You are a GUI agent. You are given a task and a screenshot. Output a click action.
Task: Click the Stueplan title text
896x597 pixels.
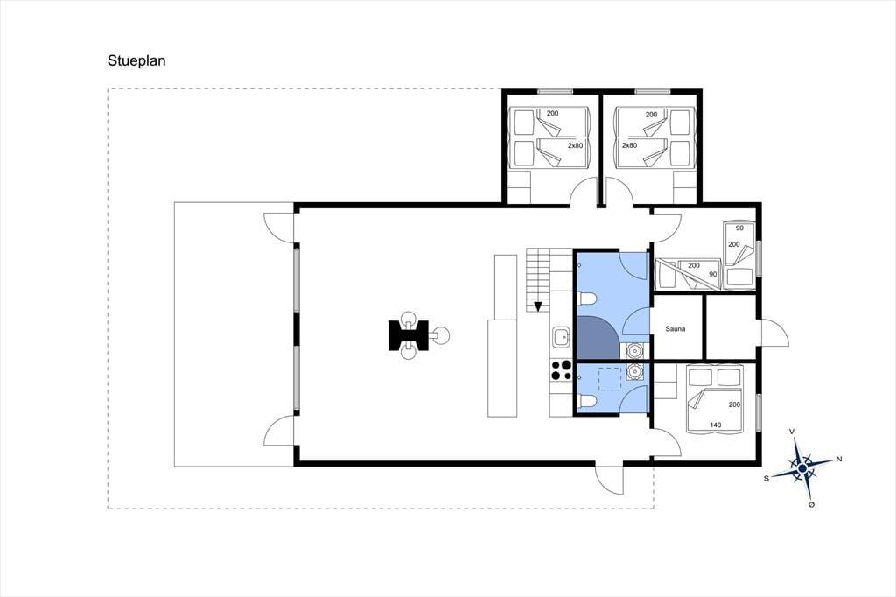click(x=136, y=60)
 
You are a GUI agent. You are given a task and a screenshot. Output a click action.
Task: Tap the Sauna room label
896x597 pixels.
click(x=675, y=329)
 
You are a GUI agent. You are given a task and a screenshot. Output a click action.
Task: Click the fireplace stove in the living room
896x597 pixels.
click(x=408, y=335)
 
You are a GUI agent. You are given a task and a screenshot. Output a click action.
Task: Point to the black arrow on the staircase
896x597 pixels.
click(x=538, y=306)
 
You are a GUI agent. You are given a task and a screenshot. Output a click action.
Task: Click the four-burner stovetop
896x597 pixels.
click(x=561, y=369)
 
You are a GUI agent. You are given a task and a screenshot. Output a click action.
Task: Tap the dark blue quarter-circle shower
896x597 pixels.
click(x=598, y=337)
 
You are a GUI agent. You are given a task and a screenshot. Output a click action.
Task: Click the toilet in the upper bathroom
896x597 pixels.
click(x=587, y=298)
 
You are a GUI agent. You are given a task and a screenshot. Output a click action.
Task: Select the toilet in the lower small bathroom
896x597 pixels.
click(x=587, y=402)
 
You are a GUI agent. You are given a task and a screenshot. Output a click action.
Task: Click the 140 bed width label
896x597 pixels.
click(x=715, y=425)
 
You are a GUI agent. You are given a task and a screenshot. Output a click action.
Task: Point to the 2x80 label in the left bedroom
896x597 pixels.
click(x=575, y=146)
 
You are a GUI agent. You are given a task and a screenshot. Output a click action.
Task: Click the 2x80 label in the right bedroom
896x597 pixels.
click(x=629, y=146)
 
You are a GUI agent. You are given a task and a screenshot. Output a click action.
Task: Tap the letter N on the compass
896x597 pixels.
click(x=839, y=459)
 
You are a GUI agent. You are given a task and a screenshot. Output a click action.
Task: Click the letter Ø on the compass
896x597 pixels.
click(x=811, y=505)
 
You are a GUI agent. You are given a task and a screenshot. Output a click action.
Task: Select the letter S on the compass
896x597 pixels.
click(x=766, y=479)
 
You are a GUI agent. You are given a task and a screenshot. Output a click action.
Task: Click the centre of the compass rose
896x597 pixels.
click(x=802, y=468)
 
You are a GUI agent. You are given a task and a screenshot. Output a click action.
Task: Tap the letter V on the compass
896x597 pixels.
click(x=791, y=432)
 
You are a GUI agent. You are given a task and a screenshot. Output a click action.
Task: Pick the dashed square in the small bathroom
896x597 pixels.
click(x=610, y=378)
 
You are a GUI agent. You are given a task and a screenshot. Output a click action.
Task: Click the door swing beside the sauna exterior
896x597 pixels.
click(x=775, y=333)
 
